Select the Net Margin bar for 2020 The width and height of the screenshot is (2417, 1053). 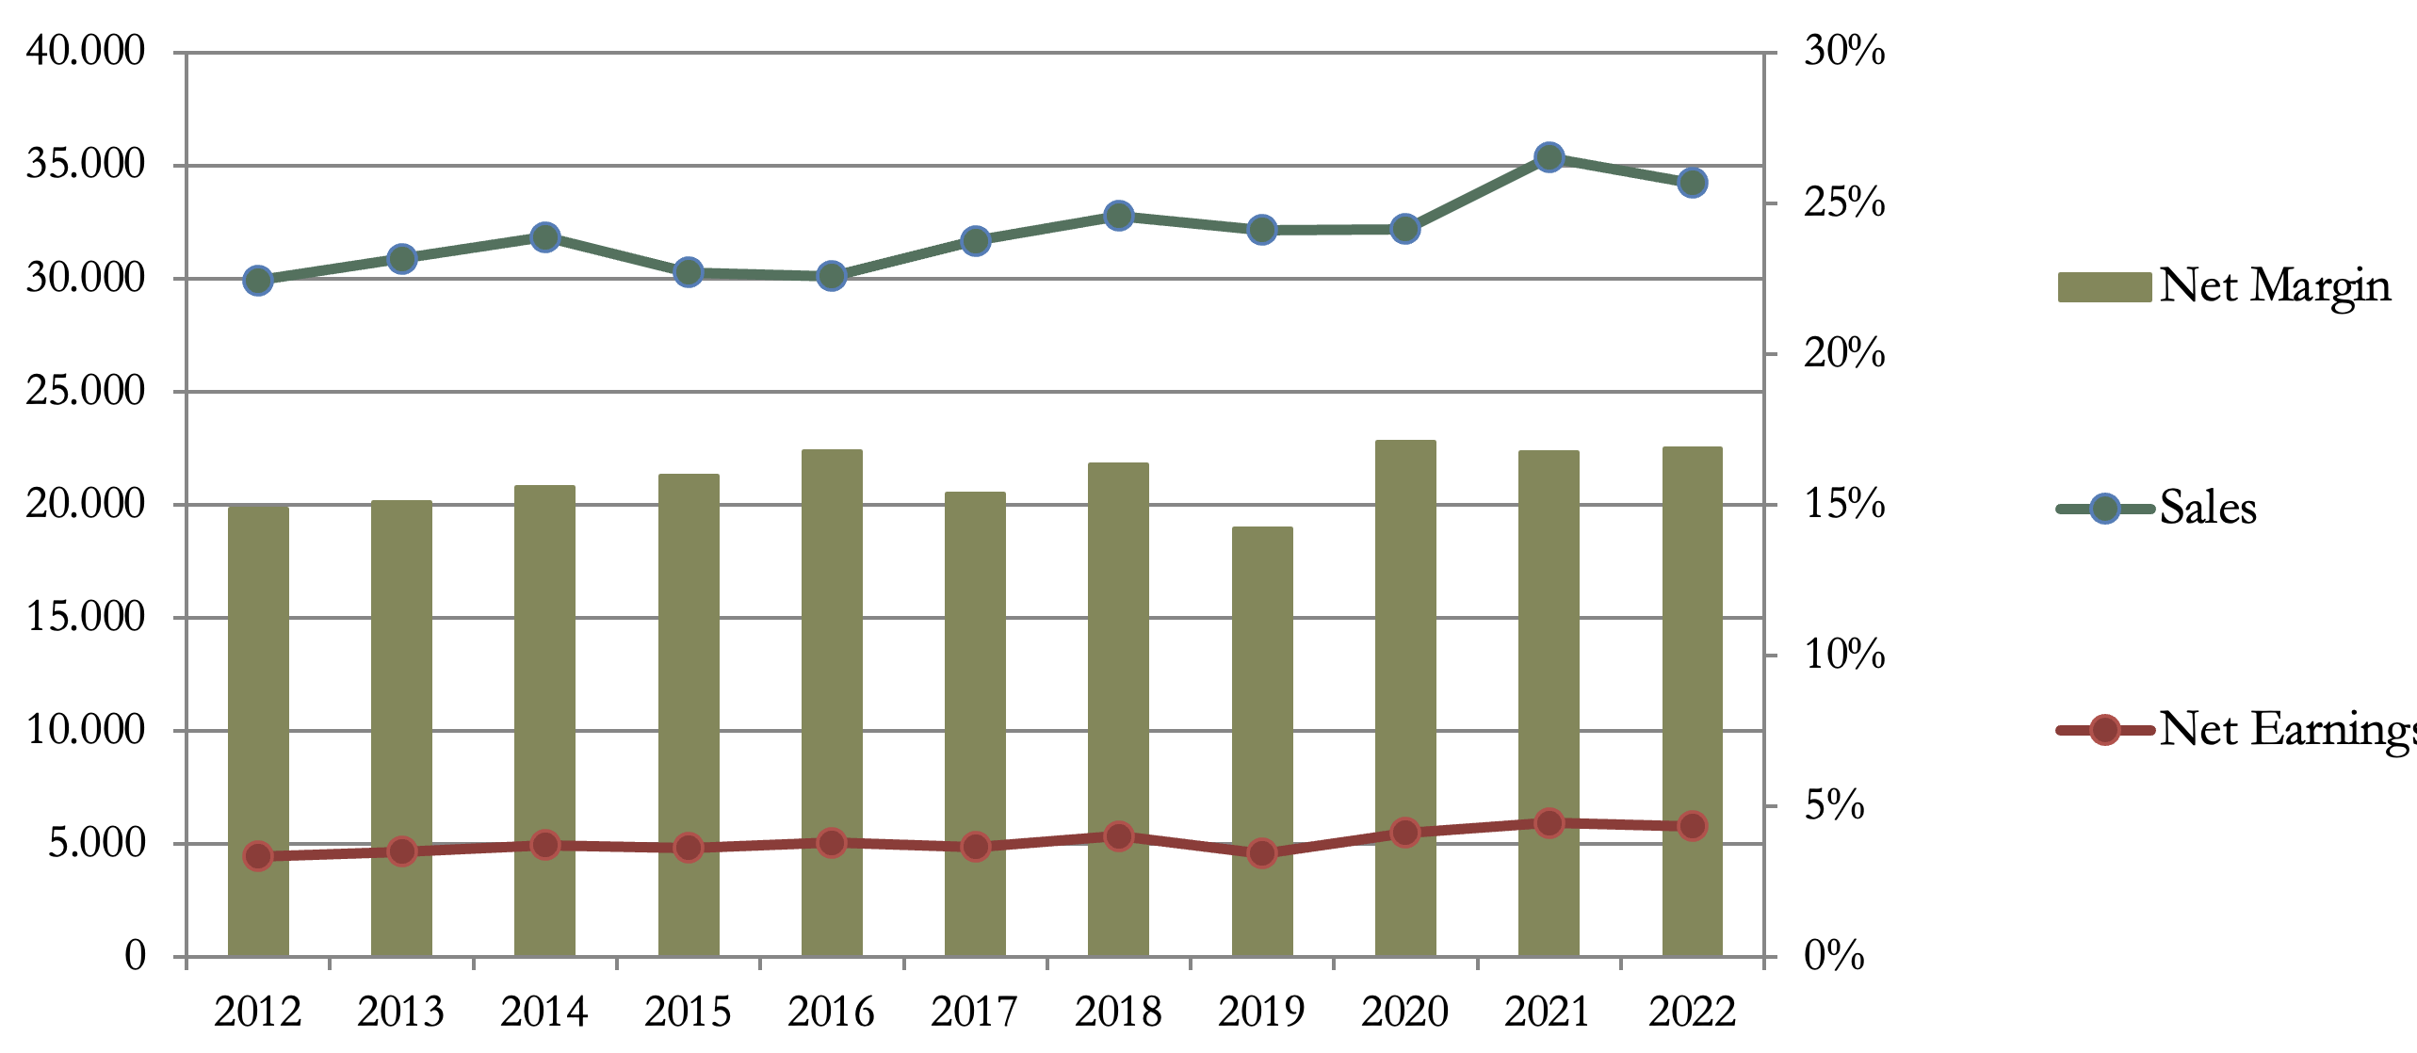point(1405,698)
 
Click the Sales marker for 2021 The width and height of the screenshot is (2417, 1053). point(1549,157)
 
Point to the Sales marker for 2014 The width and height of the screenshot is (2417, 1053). point(545,236)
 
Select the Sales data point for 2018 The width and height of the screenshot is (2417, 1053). point(1119,216)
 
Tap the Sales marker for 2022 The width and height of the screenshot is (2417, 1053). point(1693,183)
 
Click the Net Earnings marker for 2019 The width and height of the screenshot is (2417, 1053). point(1262,853)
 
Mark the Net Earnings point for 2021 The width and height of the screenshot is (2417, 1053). point(1549,823)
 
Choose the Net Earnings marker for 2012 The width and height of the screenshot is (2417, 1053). point(258,856)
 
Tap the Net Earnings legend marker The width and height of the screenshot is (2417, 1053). point(2104,730)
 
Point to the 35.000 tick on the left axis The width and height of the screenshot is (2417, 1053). point(86,165)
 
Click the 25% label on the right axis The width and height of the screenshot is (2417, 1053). point(1844,202)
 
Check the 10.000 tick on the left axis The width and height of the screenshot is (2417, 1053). point(86,730)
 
